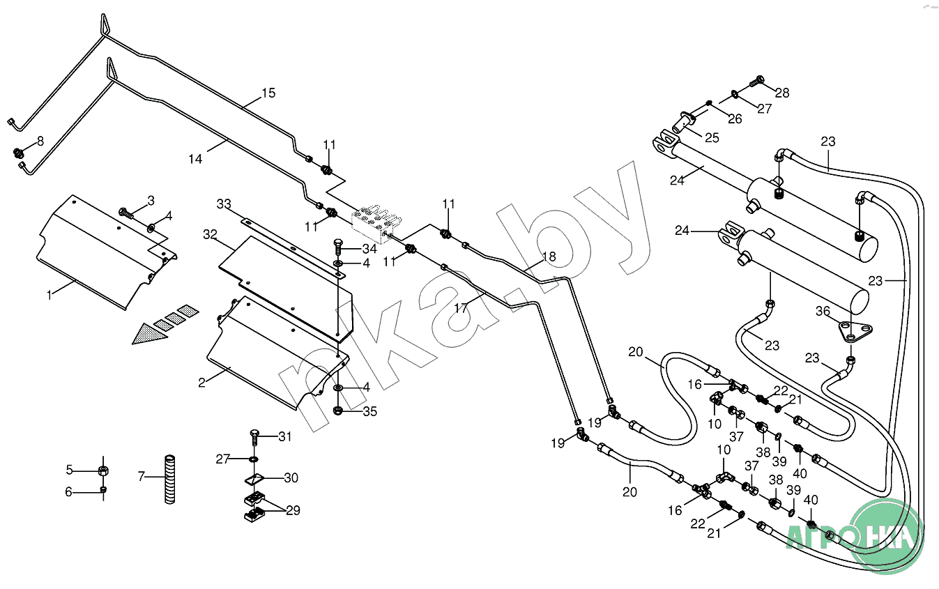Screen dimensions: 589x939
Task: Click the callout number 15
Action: pos(268,93)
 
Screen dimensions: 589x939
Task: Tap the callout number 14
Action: pos(195,159)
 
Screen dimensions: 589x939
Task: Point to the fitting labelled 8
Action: pos(19,151)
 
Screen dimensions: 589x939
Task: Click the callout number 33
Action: pos(224,204)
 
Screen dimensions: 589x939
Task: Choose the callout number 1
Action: pos(49,295)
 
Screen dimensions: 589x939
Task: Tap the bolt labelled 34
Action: pos(337,245)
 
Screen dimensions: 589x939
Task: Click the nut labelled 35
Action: pos(338,411)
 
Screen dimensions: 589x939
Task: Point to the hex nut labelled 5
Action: pos(102,469)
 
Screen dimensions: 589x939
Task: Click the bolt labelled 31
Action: pos(254,438)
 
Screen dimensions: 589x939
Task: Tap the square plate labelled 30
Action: pos(255,479)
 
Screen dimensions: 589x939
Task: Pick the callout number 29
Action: pos(293,510)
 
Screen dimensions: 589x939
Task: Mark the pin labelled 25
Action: pos(682,121)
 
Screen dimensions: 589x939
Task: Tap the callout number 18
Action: pos(549,257)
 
